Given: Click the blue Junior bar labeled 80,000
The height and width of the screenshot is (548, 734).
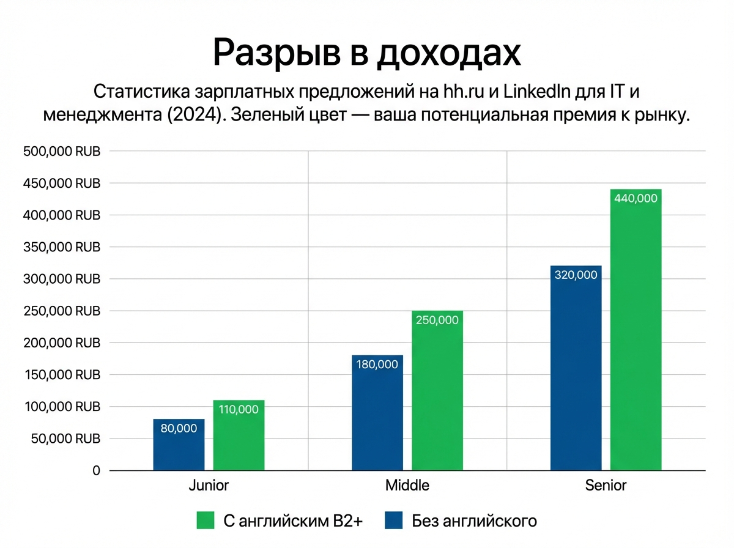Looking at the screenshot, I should point(179,445).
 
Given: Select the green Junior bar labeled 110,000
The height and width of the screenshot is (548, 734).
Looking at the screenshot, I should point(239,435).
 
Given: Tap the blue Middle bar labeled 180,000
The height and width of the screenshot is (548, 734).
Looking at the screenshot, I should point(377,413).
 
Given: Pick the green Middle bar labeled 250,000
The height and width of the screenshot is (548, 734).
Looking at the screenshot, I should point(437,391).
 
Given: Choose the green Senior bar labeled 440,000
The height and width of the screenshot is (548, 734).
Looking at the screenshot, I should point(636,330).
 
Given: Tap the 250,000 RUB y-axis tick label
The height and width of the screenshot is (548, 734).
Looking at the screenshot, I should point(62,311).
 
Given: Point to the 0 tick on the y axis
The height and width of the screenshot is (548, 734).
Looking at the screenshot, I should point(96,471).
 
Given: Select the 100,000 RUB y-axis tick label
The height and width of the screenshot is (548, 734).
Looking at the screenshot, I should point(62,407).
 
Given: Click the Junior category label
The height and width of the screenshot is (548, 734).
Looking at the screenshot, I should point(209,486).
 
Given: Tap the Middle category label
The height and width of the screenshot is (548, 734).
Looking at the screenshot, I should point(407,486).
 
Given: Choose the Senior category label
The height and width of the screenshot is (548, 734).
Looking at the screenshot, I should point(606,486).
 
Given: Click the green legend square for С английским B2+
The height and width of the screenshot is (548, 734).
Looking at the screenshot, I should point(206,520).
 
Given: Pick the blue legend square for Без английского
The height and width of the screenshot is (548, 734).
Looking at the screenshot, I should point(394,520).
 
